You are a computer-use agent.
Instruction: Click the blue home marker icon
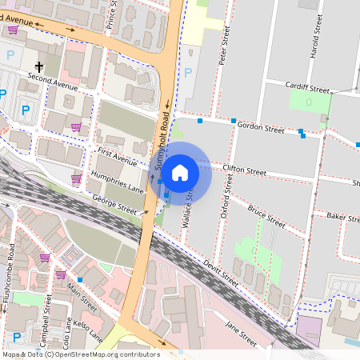180,171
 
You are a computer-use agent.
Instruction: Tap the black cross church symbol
38,67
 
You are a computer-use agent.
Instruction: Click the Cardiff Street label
308,88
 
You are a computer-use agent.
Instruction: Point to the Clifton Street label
244,170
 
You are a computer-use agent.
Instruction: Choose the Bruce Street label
266,216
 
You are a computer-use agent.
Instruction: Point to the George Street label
114,205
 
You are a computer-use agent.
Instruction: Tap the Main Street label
82,296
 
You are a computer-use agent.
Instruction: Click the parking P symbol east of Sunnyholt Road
188,73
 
